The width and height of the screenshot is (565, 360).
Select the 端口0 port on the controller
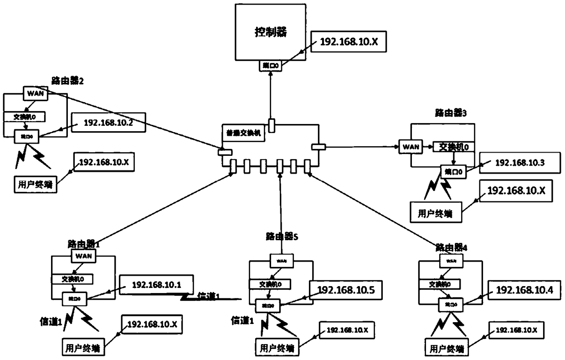(270, 66)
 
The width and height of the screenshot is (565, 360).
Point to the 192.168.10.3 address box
(513, 163)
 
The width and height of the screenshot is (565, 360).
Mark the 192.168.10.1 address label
(156, 285)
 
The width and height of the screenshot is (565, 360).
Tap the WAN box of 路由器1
(83, 256)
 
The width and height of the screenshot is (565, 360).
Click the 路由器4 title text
(451, 247)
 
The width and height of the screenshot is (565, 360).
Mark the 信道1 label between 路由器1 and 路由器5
(208, 297)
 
